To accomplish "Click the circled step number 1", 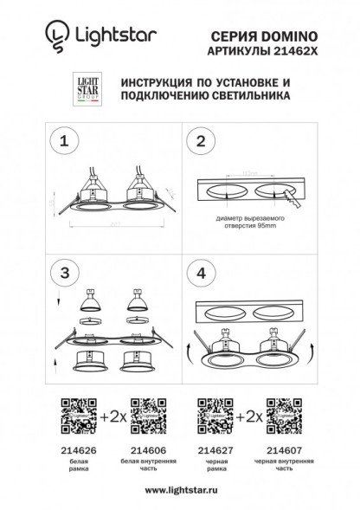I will coord(61,140).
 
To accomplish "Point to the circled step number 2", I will coord(202,141).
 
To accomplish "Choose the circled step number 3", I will coord(61,272).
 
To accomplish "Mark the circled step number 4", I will coord(202,272).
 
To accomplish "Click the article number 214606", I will coord(146,451).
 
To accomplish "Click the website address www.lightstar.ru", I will coord(179,490).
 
